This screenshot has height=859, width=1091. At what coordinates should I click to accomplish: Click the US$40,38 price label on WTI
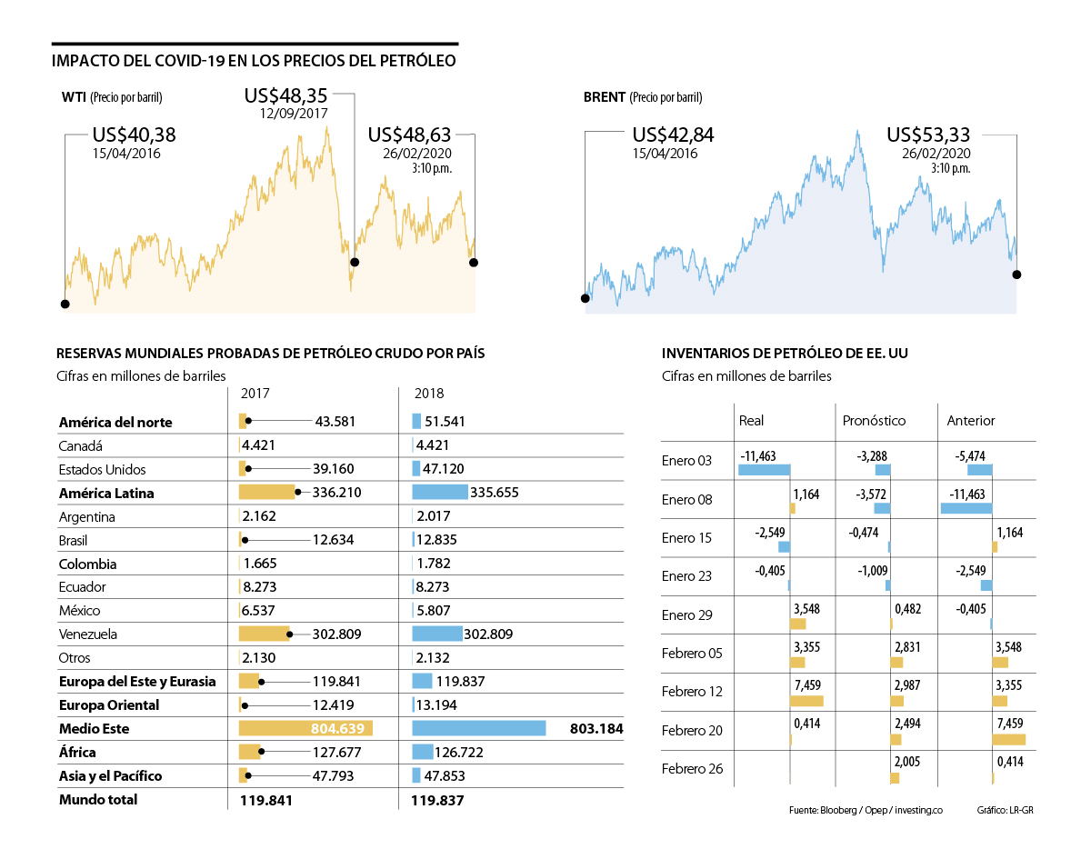point(134,135)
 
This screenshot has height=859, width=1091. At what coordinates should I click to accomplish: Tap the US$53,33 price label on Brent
point(928,135)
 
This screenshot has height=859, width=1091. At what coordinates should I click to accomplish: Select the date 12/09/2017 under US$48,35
point(293,114)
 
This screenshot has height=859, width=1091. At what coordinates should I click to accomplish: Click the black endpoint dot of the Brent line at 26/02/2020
point(1016,274)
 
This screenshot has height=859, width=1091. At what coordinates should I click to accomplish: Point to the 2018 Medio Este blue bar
point(478,728)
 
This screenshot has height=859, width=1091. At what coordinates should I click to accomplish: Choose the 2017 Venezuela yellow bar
point(264,634)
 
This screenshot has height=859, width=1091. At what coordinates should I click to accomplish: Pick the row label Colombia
point(87,564)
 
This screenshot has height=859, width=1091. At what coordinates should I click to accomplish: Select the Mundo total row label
point(98,800)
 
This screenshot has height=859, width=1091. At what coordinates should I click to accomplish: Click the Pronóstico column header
point(875,421)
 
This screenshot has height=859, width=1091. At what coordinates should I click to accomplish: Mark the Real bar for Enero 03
point(764,470)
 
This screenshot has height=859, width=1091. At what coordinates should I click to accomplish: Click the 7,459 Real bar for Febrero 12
point(806,701)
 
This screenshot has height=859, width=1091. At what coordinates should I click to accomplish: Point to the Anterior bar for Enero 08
point(966,508)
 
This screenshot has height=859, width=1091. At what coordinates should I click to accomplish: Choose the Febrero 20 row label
point(693,730)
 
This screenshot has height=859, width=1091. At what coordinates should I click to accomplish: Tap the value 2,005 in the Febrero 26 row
point(907,762)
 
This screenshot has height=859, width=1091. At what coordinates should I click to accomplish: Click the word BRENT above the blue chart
point(604,97)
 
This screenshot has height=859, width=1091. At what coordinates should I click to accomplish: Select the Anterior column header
point(971,421)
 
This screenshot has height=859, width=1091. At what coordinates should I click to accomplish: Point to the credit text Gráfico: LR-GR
point(1005,810)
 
